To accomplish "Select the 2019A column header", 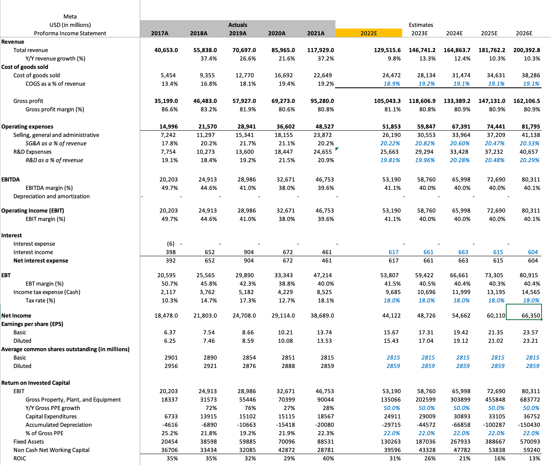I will [x=238, y=33].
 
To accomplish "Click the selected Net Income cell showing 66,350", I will [x=524, y=315].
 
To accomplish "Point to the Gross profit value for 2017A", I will [x=166, y=101].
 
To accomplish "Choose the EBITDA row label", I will [x=10, y=180].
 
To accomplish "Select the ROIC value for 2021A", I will [x=329, y=458].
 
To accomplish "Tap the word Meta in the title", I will [x=70, y=17].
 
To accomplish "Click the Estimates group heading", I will [x=421, y=25].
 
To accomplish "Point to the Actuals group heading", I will [x=238, y=25].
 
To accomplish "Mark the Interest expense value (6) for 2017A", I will [x=171, y=244].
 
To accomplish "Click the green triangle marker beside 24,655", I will [x=337, y=149].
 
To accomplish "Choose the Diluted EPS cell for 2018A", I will [x=209, y=341].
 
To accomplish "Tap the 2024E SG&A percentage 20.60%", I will [x=460, y=143].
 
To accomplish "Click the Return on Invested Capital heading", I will [x=35, y=383].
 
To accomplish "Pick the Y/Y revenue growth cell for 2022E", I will [x=394, y=59].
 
